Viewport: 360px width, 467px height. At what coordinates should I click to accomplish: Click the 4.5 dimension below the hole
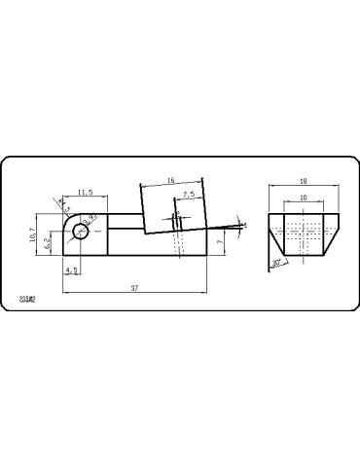click(71, 269)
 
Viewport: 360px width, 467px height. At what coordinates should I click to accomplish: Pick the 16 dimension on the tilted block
click(171, 181)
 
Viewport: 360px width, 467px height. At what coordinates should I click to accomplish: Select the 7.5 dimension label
click(187, 195)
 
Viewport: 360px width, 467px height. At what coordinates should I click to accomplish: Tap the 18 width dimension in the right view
click(304, 181)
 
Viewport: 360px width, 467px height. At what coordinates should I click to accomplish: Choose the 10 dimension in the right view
click(304, 198)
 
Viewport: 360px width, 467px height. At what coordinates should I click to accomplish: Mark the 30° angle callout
click(276, 262)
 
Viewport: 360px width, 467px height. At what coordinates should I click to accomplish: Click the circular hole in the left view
click(79, 232)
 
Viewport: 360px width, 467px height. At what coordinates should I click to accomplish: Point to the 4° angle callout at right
click(244, 225)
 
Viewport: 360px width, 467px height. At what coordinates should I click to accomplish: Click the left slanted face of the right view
click(275, 233)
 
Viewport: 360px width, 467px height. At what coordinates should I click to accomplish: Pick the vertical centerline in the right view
click(304, 233)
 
